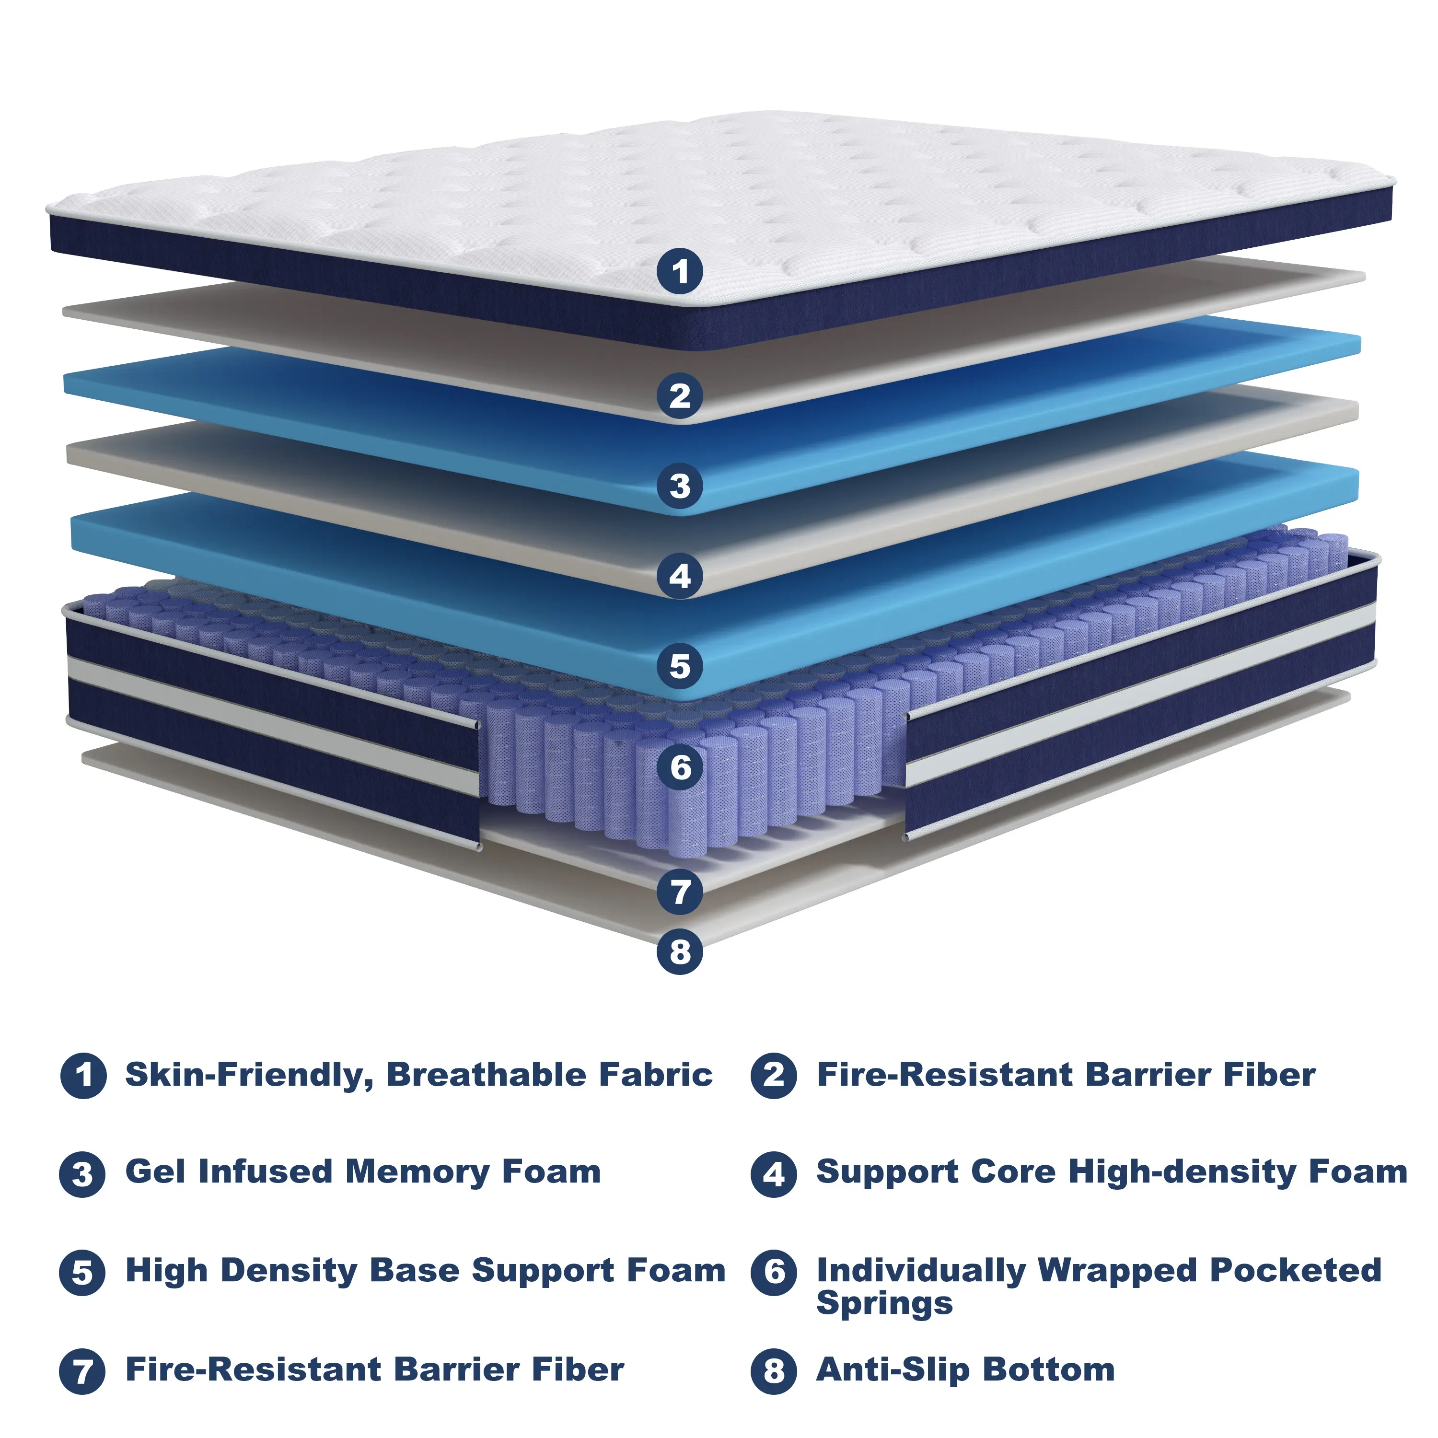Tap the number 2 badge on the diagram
click(680, 395)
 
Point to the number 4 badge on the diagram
click(680, 576)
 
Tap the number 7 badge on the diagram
click(680, 892)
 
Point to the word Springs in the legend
click(884, 1304)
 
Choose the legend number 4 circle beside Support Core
click(774, 1174)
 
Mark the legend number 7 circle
click(82, 1371)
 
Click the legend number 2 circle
click(774, 1076)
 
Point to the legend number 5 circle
click(82, 1273)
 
